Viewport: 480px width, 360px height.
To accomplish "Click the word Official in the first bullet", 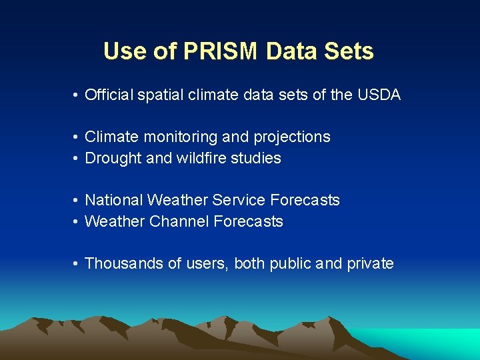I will coord(109,95).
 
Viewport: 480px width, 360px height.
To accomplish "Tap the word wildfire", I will coord(197,159).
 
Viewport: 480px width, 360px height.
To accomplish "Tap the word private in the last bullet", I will coord(370,264).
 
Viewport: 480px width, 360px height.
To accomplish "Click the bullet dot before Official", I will coord(77,96).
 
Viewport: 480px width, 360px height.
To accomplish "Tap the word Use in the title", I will coord(123,51).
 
